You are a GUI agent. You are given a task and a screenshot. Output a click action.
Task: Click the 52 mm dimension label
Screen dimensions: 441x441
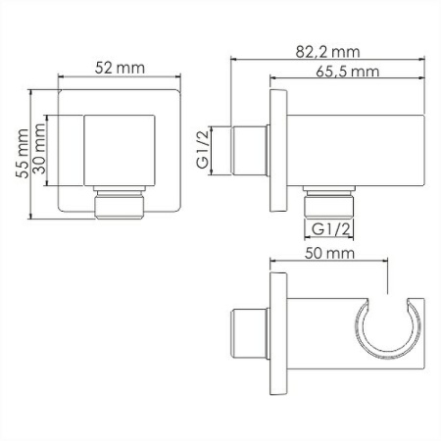[120, 68]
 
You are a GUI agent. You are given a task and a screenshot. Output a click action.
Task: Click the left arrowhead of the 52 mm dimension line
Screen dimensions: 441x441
[61, 79]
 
